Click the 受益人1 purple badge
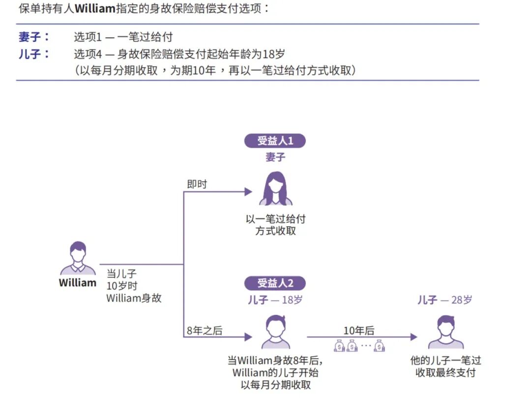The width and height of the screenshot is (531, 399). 275,141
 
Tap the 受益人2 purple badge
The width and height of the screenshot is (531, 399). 275,283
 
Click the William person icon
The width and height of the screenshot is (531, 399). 78,258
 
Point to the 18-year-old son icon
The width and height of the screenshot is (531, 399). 275,332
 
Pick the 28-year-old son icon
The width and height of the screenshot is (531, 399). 445,332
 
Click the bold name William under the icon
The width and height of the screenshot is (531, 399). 78,283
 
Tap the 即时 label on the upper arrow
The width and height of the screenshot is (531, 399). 197,184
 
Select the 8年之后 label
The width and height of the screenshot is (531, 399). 204,331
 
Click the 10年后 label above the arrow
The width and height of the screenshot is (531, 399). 358,331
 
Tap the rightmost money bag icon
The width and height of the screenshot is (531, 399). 379,346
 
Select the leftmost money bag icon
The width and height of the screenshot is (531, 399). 339,346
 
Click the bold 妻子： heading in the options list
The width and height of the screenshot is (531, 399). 34,37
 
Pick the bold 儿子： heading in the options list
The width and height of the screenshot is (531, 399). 34,54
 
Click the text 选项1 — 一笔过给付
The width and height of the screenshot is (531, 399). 123,37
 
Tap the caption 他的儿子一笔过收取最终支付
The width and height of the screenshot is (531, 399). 445,366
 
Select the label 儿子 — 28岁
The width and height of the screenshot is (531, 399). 444,300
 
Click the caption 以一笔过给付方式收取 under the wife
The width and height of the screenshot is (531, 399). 275,224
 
